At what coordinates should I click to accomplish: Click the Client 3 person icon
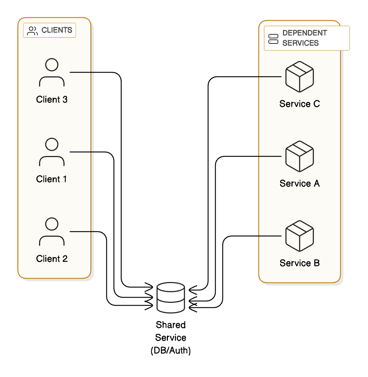click(52, 73)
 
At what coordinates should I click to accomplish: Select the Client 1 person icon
click(52, 153)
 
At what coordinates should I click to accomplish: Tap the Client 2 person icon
click(52, 232)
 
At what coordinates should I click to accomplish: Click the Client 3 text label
click(52, 99)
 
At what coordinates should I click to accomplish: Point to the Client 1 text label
click(52, 179)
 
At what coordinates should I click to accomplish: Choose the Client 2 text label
click(52, 259)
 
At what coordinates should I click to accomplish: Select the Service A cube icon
click(299, 156)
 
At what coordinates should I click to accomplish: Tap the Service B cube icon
click(299, 236)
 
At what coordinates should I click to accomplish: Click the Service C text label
click(299, 104)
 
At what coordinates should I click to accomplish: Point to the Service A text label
click(299, 183)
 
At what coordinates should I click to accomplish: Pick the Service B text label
click(299, 263)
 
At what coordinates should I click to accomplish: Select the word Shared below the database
click(170, 325)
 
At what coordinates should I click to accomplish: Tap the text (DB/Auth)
click(170, 351)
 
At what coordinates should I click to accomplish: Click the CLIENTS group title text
click(57, 30)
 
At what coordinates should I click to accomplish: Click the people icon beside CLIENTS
click(32, 31)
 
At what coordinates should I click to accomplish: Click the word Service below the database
click(170, 338)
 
